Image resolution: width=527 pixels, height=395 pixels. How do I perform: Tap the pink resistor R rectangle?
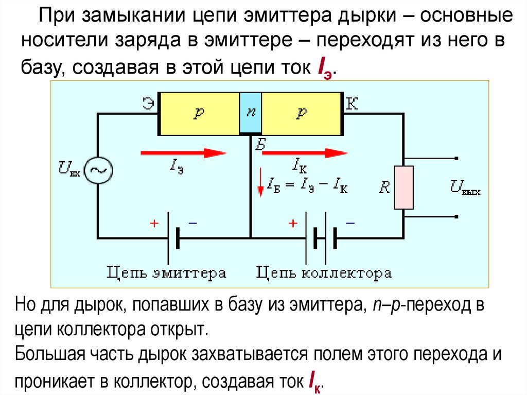click(x=404, y=187)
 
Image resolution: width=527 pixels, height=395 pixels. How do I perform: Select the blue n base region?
click(x=251, y=113)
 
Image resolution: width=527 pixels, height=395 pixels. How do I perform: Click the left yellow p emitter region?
click(x=199, y=114)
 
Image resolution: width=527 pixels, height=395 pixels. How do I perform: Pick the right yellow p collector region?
click(x=302, y=114)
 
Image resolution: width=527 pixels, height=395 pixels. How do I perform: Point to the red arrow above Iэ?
click(x=183, y=152)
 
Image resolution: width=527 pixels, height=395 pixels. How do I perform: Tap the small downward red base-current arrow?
click(x=260, y=185)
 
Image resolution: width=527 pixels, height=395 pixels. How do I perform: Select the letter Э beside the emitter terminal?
click(x=148, y=103)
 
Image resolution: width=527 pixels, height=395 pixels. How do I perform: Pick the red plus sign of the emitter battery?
click(x=153, y=224)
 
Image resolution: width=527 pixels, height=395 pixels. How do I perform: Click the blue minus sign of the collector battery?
click(x=350, y=223)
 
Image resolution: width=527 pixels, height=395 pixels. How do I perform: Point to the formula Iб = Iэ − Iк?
click(x=307, y=186)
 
